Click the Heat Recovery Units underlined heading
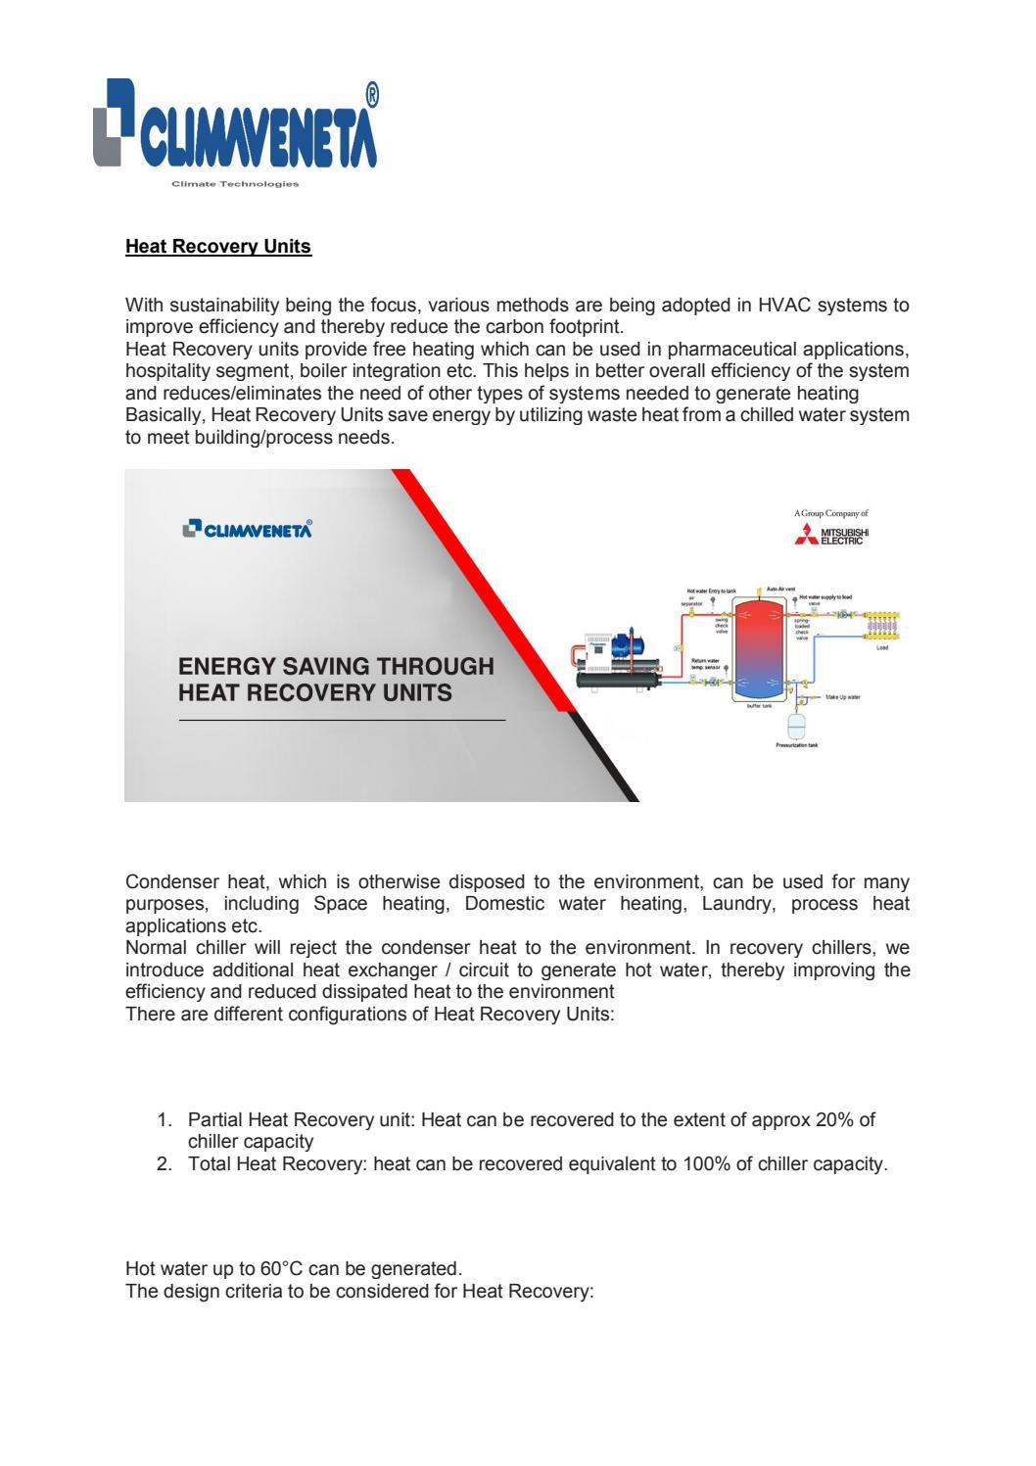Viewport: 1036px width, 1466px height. pos(218,247)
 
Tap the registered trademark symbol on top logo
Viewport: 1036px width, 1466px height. pos(371,95)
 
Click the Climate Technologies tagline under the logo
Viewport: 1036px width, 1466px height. pos(235,184)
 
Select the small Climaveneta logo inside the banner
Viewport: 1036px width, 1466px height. pos(248,529)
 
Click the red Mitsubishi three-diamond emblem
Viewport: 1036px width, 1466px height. pos(808,535)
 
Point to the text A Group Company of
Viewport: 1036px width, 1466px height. pos(830,513)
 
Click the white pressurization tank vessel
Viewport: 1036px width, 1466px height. pos(796,726)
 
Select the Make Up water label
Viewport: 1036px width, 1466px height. pos(842,697)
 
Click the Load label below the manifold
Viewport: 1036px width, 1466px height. pos(881,647)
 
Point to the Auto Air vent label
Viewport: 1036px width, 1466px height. pos(780,588)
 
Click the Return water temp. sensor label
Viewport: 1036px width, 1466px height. pos(705,664)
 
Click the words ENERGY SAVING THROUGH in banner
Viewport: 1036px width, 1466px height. pos(336,667)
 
